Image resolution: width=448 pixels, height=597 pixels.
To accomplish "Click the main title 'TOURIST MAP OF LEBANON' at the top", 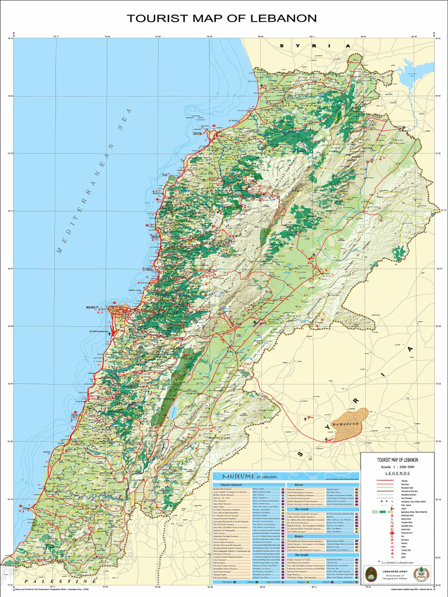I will pyautogui.click(x=222, y=18).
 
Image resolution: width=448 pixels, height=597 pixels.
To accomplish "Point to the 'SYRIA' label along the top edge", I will pyautogui.click(x=316, y=45).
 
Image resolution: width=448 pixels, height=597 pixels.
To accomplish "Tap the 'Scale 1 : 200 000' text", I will pyautogui.click(x=397, y=467).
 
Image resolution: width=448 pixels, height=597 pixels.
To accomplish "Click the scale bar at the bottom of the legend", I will pyautogui.click(x=397, y=559).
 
